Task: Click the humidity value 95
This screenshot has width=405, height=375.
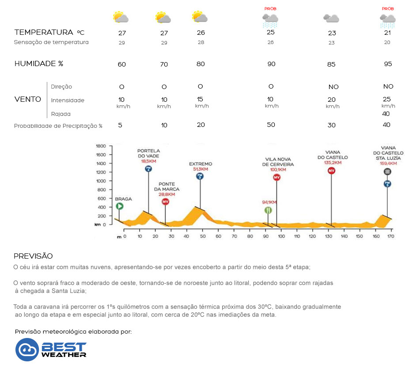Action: pyautogui.click(x=388, y=64)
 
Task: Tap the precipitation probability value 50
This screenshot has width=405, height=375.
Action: pyautogui.click(x=271, y=125)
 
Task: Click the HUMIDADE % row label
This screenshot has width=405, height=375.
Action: pyautogui.click(x=39, y=63)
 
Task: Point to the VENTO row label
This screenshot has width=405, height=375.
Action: pyautogui.click(x=28, y=100)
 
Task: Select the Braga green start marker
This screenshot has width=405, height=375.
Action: pyautogui.click(x=119, y=206)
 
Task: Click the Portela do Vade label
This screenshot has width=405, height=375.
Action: pyautogui.click(x=148, y=153)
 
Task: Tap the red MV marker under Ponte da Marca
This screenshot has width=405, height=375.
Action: pyautogui.click(x=165, y=202)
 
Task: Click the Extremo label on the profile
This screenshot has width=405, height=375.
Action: pyautogui.click(x=201, y=163)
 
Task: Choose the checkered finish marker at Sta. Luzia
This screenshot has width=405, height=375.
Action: pyautogui.click(x=387, y=171)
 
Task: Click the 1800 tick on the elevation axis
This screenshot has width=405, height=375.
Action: pyautogui.click(x=101, y=146)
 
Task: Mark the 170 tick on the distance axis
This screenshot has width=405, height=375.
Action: pyautogui.click(x=390, y=237)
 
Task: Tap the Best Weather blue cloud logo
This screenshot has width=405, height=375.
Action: pyautogui.click(x=27, y=349)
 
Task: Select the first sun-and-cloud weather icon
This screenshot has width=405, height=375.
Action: pyautogui.click(x=120, y=17)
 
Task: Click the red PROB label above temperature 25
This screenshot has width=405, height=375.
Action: pyautogui.click(x=270, y=9)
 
